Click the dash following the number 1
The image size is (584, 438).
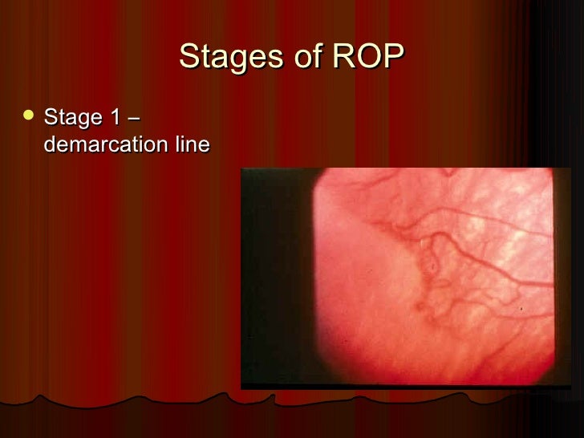click(133, 120)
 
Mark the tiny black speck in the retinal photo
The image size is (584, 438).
click(522, 310)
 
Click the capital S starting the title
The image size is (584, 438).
click(189, 57)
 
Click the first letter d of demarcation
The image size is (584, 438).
click(51, 144)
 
